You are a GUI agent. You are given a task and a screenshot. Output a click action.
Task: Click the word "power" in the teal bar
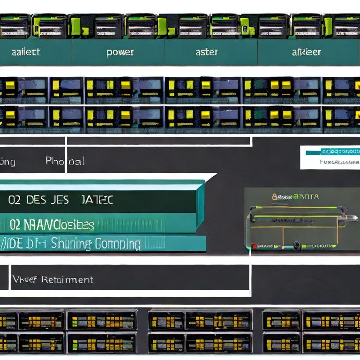coord(120,52)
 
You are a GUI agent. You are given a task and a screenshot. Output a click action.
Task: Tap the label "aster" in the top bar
coord(206,52)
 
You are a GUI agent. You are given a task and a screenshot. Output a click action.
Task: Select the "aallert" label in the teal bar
coord(25,52)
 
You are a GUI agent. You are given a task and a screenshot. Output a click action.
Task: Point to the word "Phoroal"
coord(65,161)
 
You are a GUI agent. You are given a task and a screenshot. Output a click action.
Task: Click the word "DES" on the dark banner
coord(36,200)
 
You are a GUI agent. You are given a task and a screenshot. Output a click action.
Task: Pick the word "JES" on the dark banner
coord(60,200)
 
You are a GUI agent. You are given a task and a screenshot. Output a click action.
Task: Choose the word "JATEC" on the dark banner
coord(97,200)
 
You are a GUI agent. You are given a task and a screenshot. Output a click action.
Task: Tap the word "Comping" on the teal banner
coord(118,244)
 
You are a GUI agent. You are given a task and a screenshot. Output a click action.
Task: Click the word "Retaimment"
coord(67,280)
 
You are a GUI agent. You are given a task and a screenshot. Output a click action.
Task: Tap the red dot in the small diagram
coord(254,246)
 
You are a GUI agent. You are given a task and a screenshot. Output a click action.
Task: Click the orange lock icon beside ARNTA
coord(275,197)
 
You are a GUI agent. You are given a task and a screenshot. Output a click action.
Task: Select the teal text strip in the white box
coord(333,151)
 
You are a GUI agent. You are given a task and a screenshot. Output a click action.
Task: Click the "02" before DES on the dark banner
coord(14,200)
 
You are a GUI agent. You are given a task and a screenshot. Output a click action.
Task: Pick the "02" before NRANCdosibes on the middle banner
coord(15,225)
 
